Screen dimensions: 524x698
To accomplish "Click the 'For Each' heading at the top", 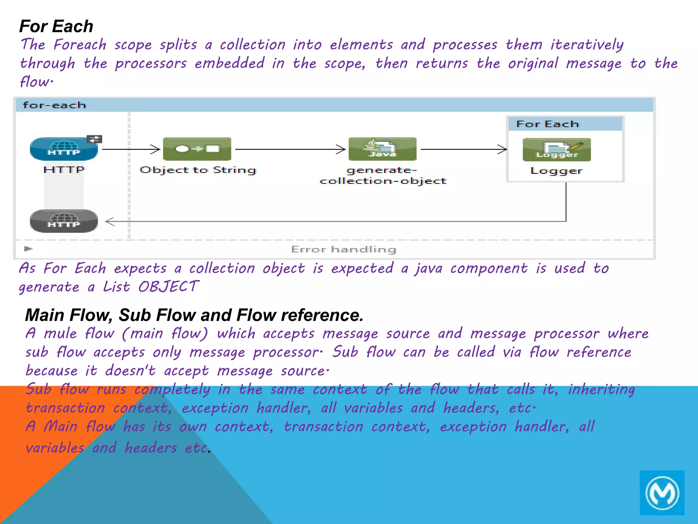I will (56, 26).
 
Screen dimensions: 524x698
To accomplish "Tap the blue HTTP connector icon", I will (63, 149).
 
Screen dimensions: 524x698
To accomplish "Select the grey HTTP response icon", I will (64, 221).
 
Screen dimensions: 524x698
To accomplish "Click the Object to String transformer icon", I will (197, 149).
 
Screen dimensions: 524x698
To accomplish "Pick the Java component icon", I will (382, 149).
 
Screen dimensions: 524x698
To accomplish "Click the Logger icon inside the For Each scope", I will (557, 150).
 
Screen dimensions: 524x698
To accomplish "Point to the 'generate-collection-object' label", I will (383, 175).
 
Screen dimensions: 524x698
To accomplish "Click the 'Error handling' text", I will (344, 249).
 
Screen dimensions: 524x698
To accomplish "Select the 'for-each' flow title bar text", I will (54, 105).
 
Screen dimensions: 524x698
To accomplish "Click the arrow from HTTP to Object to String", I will (131, 149).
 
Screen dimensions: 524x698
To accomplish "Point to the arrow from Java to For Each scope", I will (464, 149).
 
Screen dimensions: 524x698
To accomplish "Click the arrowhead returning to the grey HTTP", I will (110, 221).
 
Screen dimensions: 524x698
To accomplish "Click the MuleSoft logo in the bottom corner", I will (662, 493).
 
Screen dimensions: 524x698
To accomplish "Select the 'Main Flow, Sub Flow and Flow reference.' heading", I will (194, 315).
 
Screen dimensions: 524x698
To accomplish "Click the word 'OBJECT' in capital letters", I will (168, 287).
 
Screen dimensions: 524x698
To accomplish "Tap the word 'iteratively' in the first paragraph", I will (587, 45).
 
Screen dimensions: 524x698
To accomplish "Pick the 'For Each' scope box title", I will (547, 124).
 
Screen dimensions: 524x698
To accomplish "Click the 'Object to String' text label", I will (198, 170).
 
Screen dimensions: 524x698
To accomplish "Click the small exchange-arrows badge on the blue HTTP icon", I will (94, 139).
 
